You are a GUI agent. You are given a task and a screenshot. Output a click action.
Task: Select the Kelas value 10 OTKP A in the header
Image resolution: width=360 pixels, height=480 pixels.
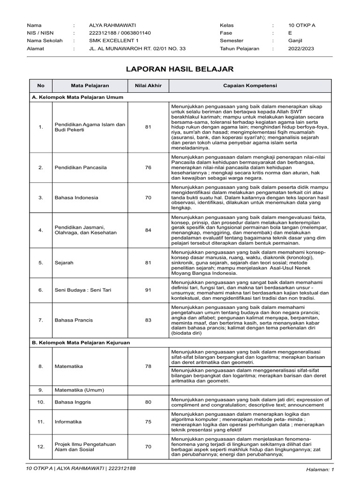(x=302, y=25)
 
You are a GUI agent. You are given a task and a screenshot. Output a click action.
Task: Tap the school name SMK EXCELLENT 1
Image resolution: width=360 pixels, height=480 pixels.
(x=107, y=41)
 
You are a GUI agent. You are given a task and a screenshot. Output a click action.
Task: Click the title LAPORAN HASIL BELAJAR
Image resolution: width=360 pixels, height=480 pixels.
(x=180, y=69)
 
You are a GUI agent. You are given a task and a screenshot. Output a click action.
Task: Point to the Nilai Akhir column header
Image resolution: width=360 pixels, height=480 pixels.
(x=148, y=86)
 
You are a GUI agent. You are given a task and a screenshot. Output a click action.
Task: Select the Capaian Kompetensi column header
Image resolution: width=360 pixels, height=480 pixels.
(x=250, y=86)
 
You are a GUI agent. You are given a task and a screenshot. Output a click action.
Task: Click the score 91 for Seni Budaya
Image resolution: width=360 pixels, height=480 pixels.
(x=148, y=290)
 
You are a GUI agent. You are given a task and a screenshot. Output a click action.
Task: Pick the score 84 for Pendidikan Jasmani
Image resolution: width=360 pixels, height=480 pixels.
(x=148, y=230)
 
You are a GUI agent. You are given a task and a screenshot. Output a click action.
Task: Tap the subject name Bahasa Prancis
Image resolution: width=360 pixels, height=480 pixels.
(x=74, y=320)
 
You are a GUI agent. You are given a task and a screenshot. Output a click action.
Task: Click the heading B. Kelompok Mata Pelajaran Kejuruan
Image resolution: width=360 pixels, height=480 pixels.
(x=81, y=343)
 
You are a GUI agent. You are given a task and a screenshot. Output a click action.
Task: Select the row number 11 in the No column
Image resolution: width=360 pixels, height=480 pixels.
(x=41, y=422)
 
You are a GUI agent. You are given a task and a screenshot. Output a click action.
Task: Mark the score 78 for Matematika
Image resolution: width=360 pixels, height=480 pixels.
(x=148, y=366)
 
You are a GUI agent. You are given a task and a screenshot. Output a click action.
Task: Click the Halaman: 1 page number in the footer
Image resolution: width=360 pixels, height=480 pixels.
(x=319, y=469)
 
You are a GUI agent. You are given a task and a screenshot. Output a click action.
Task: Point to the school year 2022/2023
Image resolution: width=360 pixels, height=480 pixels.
(x=301, y=48)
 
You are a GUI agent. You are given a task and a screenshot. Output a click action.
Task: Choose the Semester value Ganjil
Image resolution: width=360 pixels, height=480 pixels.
(x=295, y=41)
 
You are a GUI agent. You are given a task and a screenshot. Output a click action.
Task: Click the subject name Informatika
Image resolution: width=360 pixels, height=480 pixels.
(x=68, y=422)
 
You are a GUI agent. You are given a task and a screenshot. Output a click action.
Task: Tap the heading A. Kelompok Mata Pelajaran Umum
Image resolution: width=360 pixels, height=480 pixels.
(x=77, y=97)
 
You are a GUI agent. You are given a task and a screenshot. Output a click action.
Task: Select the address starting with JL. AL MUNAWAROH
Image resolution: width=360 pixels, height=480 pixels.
(x=137, y=48)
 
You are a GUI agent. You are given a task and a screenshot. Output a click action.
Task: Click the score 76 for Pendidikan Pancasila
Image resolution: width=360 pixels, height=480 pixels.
(x=148, y=167)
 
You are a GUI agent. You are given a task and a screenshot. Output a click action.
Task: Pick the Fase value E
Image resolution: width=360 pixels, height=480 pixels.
(x=290, y=33)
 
